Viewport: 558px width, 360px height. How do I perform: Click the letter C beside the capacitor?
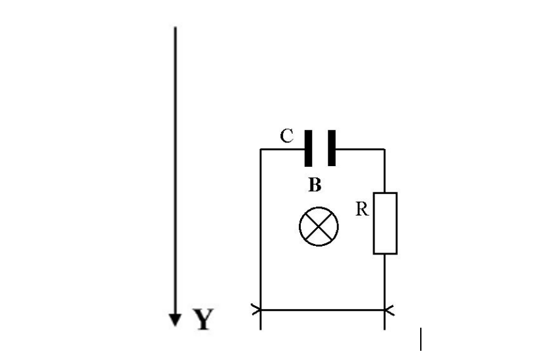click(286, 136)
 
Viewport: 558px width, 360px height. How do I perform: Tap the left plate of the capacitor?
click(307, 148)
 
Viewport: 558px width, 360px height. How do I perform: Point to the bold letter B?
click(315, 185)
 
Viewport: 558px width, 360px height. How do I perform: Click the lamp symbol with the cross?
click(319, 226)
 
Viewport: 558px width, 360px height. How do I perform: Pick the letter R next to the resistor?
click(361, 210)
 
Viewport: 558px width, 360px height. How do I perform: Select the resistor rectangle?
click(385, 223)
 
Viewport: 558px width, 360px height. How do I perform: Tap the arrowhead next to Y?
click(175, 320)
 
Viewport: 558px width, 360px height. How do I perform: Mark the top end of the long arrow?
click(175, 28)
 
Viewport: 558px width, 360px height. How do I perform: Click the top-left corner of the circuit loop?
click(261, 150)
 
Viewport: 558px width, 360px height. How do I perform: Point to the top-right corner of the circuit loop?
click(385, 150)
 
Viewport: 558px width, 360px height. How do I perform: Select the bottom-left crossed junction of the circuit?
click(261, 309)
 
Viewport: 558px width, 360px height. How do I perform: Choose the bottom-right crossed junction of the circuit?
click(385, 309)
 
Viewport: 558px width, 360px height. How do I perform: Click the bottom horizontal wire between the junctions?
click(323, 309)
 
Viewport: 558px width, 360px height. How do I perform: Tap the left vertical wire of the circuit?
click(261, 231)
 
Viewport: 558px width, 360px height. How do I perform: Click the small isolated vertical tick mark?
click(421, 339)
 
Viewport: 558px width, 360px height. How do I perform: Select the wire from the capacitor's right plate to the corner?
click(359, 150)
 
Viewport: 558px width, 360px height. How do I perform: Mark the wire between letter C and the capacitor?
click(290, 150)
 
